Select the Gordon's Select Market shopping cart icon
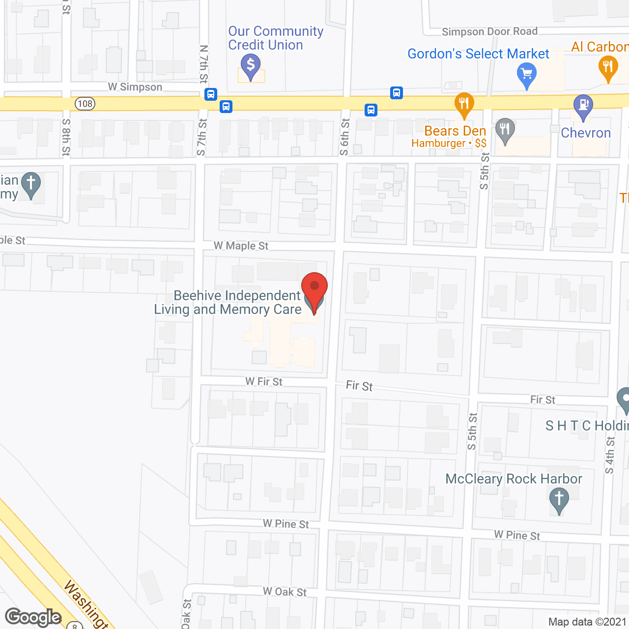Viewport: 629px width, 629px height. point(527,74)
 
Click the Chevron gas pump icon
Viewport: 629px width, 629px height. point(583,106)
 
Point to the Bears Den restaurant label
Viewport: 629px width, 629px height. point(455,131)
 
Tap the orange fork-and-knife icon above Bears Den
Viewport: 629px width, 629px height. point(464,104)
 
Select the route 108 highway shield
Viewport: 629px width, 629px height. point(85,104)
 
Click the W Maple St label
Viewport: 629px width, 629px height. point(241,246)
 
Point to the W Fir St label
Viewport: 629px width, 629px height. point(264,381)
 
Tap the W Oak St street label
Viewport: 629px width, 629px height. point(285,592)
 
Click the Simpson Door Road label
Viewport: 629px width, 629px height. point(489,32)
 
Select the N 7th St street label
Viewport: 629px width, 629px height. point(204,64)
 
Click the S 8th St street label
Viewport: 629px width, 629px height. point(66,138)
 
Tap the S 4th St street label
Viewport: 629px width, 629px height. point(610,455)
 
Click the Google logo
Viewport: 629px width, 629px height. point(33,617)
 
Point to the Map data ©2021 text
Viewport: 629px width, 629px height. point(587,622)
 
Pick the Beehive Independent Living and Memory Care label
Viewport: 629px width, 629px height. point(228,302)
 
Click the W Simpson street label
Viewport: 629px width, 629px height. point(135,87)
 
